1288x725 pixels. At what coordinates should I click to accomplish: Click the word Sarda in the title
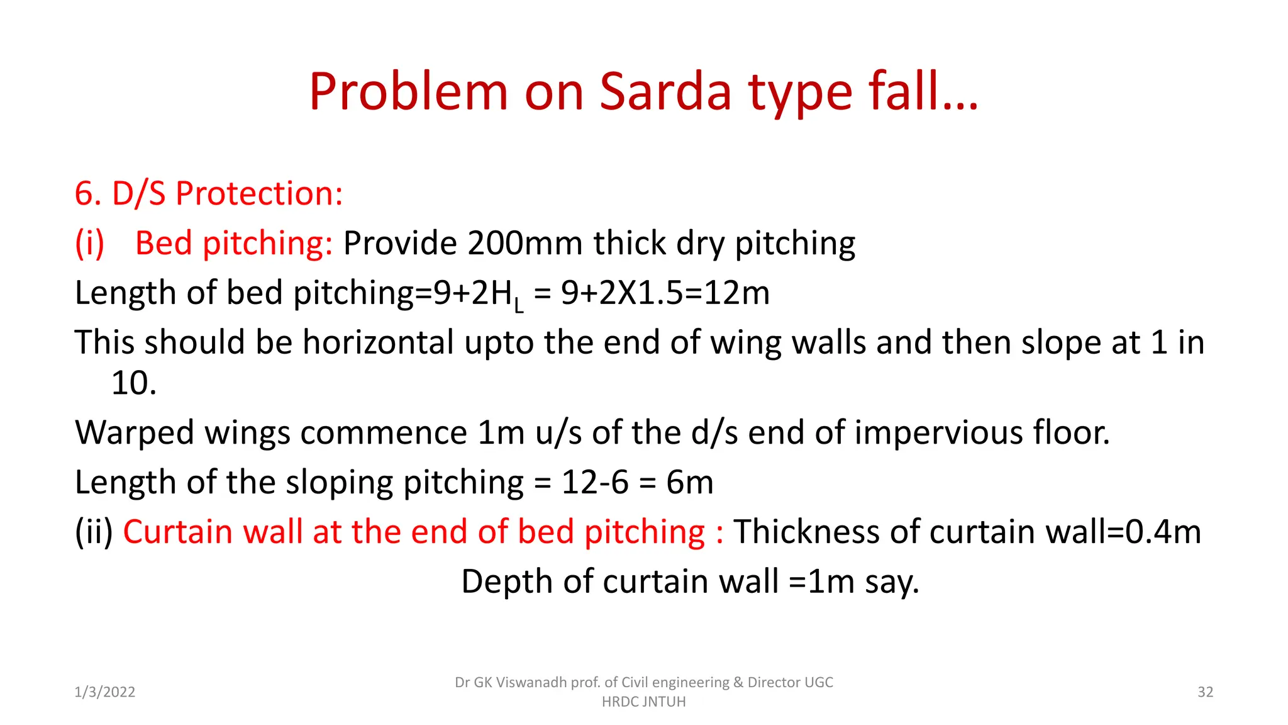pyautogui.click(x=666, y=92)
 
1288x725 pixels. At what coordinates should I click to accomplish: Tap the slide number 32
pyautogui.click(x=1205, y=692)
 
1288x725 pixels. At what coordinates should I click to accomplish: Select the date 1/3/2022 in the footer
pyautogui.click(x=105, y=692)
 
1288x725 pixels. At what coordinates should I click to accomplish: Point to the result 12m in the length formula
pyautogui.click(x=736, y=293)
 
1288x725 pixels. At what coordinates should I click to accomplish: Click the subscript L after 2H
pyautogui.click(x=518, y=306)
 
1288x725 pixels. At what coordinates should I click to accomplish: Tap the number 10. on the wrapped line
pyautogui.click(x=133, y=383)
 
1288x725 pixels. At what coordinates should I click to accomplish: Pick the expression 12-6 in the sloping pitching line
pyautogui.click(x=594, y=483)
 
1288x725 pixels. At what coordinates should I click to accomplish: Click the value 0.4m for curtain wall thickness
pyautogui.click(x=1163, y=532)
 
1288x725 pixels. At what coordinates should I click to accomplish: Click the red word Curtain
pyautogui.click(x=178, y=532)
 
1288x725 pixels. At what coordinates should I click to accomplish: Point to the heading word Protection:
pyautogui.click(x=259, y=194)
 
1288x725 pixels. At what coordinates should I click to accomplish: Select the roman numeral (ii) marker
pyautogui.click(x=94, y=532)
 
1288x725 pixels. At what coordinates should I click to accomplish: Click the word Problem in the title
pyautogui.click(x=408, y=92)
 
